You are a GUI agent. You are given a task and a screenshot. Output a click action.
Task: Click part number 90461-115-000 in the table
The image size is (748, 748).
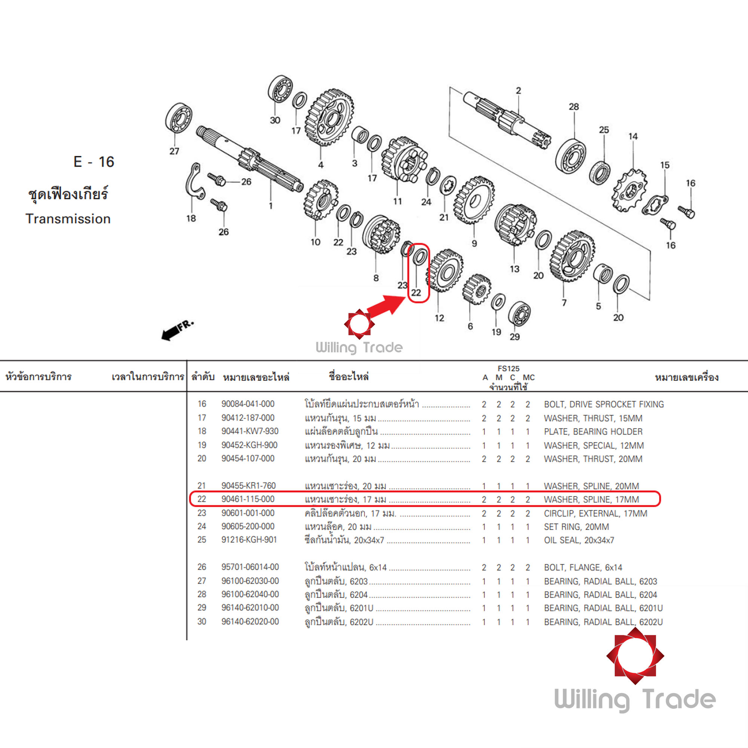(x=248, y=499)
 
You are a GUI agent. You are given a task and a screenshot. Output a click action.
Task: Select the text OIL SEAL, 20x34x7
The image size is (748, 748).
(x=579, y=540)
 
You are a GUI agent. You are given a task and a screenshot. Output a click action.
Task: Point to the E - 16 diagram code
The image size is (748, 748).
(x=94, y=162)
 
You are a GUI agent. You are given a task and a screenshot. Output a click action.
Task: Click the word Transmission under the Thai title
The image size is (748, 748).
(x=68, y=219)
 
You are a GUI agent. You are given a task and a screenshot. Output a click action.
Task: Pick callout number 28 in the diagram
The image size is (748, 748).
(x=574, y=107)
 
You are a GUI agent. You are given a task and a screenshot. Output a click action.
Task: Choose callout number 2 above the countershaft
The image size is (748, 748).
(x=518, y=91)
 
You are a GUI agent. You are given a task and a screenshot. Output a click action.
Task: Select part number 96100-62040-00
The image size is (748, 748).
(x=250, y=594)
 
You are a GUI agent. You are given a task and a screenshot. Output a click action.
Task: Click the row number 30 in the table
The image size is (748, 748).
(x=202, y=621)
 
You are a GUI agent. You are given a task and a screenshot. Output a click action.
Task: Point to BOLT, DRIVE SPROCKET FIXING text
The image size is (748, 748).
(x=604, y=404)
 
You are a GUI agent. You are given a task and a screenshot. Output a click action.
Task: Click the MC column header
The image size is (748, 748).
(x=528, y=377)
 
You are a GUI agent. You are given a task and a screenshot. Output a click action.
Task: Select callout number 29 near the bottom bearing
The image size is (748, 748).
(x=515, y=337)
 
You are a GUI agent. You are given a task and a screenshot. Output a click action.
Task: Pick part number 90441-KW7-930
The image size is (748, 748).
(x=250, y=431)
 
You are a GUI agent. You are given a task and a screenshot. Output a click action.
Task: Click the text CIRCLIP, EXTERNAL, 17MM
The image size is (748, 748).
(x=595, y=514)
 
